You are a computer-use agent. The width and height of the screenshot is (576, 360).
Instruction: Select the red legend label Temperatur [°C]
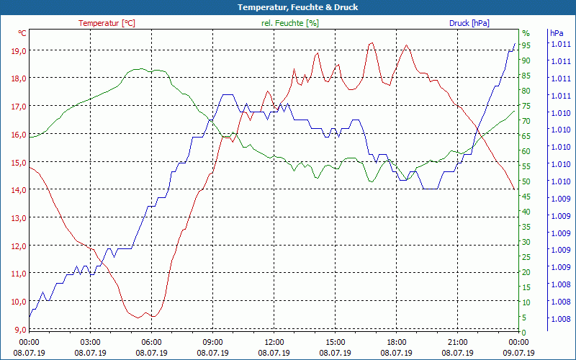pyautogui.click(x=107, y=23)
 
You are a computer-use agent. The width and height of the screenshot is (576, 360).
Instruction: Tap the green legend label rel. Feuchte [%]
pyautogui.click(x=290, y=23)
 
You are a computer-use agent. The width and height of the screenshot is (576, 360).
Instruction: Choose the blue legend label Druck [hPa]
pyautogui.click(x=469, y=23)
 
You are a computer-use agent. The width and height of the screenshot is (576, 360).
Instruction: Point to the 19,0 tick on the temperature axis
pyautogui.click(x=18, y=50)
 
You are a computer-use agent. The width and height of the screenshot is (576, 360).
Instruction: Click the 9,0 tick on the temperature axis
pyautogui.click(x=20, y=330)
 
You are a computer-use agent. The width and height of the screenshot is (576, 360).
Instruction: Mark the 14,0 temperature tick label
pyautogui.click(x=18, y=190)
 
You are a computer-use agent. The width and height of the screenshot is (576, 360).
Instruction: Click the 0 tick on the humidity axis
pyautogui.click(x=524, y=332)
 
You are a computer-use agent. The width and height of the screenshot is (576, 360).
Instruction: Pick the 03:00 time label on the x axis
pyautogui.click(x=90, y=342)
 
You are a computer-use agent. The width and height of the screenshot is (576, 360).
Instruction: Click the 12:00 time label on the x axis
pyautogui.click(x=274, y=342)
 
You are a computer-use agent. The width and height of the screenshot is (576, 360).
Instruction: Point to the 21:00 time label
pyautogui.click(x=458, y=342)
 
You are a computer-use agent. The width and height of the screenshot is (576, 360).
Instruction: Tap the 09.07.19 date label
pyautogui.click(x=519, y=353)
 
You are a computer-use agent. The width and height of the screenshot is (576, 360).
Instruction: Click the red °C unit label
pyautogui.click(x=22, y=33)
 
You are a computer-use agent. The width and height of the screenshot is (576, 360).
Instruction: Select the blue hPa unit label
pyautogui.click(x=557, y=33)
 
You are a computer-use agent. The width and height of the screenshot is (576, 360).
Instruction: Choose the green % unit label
pyautogui.click(x=526, y=33)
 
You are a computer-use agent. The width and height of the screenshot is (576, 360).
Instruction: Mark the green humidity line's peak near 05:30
pyautogui.click(x=138, y=69)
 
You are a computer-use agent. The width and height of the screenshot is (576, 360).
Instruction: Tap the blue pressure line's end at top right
pyautogui.click(x=515, y=43)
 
